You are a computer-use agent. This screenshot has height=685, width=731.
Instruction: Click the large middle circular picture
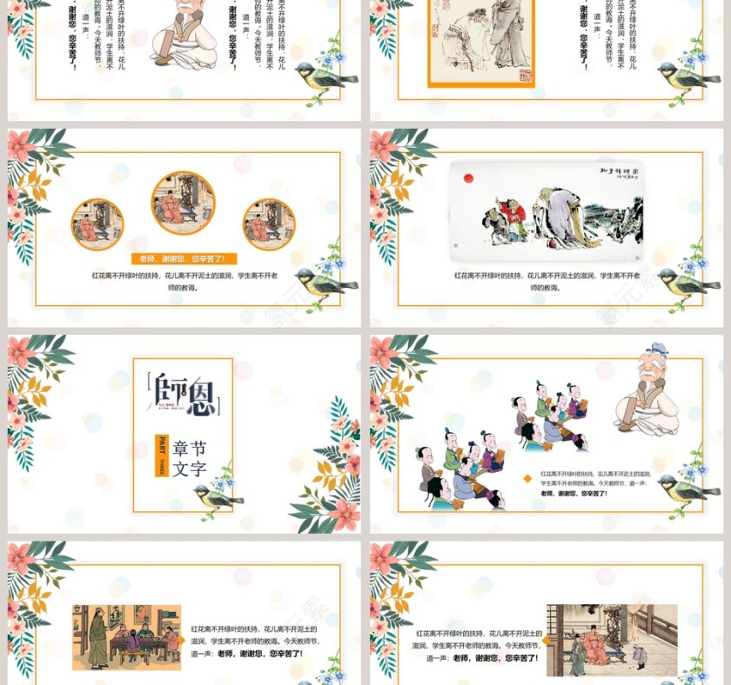point(183,203)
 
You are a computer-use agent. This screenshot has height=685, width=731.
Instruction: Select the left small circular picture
point(97,224)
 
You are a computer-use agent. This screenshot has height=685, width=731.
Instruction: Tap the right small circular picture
point(269,224)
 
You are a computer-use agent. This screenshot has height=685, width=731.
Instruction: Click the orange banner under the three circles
point(183,259)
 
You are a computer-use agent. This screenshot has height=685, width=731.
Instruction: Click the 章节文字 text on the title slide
point(190,458)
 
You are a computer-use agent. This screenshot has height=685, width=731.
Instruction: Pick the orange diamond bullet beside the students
point(528,477)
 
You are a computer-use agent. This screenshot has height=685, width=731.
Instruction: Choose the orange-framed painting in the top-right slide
point(480,39)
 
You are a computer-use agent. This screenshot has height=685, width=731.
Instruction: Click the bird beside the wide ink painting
point(686,280)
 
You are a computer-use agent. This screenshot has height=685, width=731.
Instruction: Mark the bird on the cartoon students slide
point(687,487)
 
